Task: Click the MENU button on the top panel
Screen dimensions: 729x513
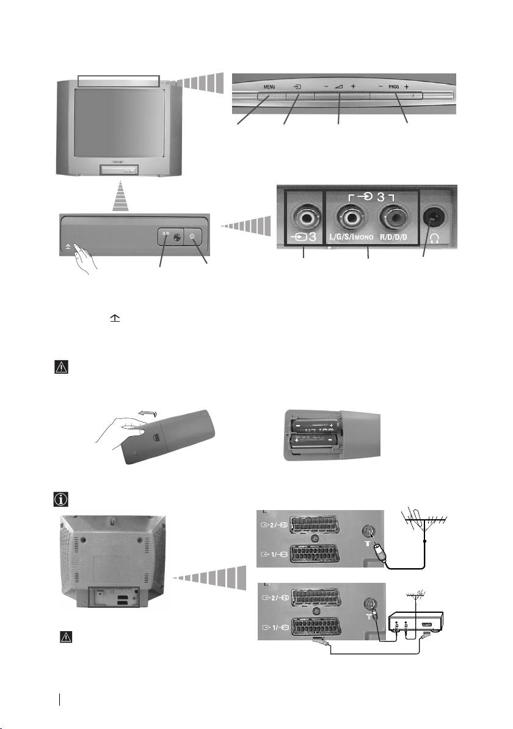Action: (x=269, y=96)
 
